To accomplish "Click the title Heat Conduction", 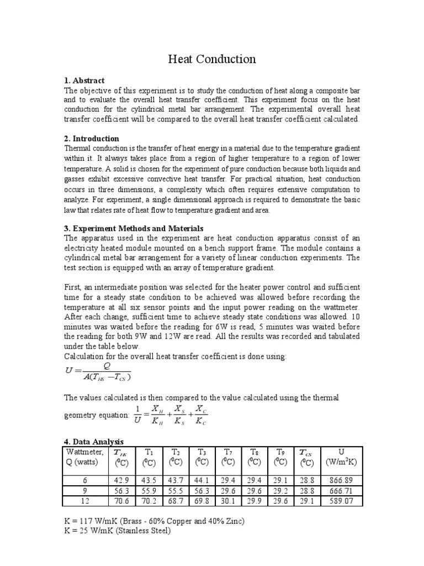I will coord(212,59).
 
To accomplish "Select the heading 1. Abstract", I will coord(84,81).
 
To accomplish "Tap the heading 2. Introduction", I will coord(92,139).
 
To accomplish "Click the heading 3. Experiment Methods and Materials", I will coord(134,228).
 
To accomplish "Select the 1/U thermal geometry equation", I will coord(172,414).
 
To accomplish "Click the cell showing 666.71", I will coord(341,491).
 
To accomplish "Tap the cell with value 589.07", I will coord(341,501).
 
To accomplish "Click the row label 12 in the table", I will coord(84,501).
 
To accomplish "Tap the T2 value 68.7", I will coord(175,501).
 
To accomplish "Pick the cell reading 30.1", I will coord(227,501).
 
